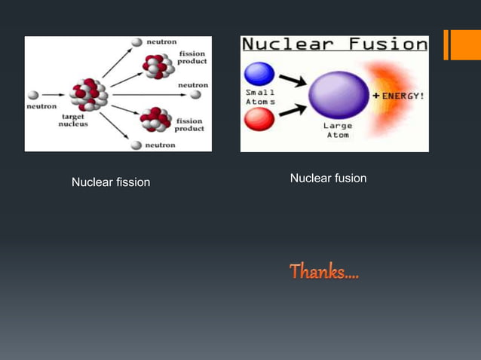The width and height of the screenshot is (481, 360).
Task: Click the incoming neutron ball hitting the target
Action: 33,96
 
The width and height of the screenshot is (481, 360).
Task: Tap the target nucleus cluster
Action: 89,95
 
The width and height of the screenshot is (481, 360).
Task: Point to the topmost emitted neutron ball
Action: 136,43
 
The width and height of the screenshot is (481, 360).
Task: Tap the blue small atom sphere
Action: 259,74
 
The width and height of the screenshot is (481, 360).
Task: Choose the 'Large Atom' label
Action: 337,131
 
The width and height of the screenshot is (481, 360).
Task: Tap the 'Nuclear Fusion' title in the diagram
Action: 334,44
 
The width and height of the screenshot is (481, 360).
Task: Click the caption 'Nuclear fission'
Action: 111,182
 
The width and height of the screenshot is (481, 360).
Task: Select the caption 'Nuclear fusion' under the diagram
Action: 328,178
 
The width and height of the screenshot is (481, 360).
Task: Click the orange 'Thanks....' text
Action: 325,271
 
